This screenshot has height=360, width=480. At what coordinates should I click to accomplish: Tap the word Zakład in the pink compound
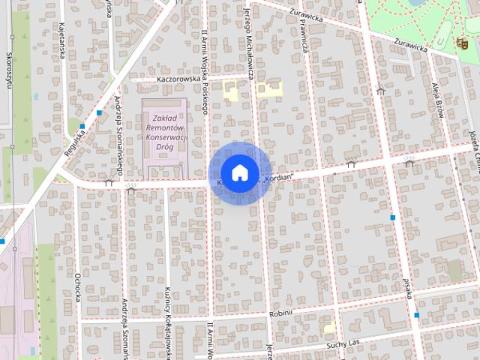pyautogui.click(x=164, y=118)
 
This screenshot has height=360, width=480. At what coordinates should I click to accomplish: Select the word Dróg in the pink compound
pyautogui.click(x=164, y=147)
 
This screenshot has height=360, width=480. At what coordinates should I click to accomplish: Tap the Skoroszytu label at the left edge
pyautogui.click(x=10, y=72)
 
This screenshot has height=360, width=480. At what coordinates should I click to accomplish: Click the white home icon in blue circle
pyautogui.click(x=239, y=172)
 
